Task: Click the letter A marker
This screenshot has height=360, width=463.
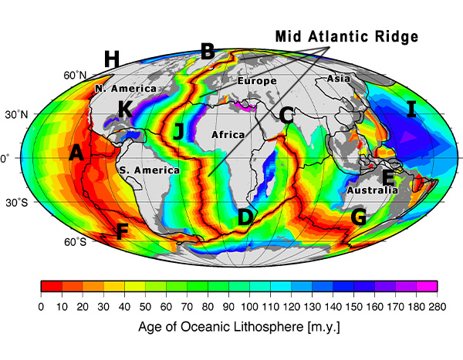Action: (76, 153)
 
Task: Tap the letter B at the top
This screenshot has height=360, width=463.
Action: (207, 52)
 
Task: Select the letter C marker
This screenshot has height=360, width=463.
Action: (286, 116)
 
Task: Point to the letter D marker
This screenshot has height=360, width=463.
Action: (245, 218)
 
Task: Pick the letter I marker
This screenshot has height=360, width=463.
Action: (411, 109)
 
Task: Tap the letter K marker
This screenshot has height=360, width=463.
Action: (124, 109)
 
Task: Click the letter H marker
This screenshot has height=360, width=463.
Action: (112, 59)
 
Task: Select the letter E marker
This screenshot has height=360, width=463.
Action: (388, 178)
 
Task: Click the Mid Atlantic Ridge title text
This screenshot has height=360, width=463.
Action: (346, 35)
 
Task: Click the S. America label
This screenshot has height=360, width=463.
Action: (149, 170)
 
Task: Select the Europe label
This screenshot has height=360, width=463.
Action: (256, 81)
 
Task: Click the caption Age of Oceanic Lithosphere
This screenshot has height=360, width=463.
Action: (238, 326)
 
